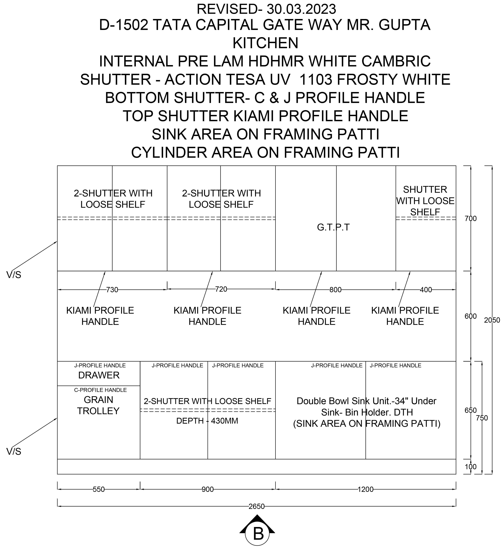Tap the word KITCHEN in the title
pos(265,43)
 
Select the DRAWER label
pos(99,375)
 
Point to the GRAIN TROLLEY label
pos(98,405)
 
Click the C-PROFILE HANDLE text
pos(100,390)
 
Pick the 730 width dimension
pos(112,290)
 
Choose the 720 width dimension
pos(221,289)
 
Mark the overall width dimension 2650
pos(256,506)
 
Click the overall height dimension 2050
pos(492,320)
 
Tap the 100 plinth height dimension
pos(471,467)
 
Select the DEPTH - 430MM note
pos(207,421)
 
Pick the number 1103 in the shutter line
pos(316,79)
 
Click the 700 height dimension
pos(471,218)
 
